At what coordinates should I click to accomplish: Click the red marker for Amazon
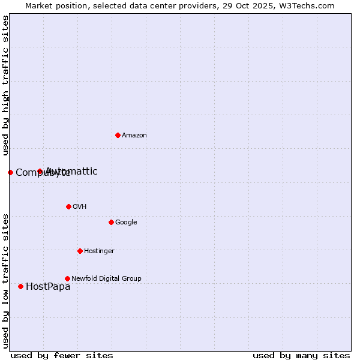[118, 135]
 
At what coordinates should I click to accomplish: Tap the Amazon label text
[134, 136]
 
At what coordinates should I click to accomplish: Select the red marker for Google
[111, 222]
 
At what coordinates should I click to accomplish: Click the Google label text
[126, 223]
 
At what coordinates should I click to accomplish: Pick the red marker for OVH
[68, 206]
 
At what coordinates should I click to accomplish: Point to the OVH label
[80, 207]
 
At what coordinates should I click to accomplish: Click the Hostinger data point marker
[80, 251]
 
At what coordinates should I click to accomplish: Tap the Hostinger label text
[99, 251]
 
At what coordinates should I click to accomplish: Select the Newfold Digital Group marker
[67, 278]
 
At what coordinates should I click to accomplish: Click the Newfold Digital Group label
[106, 279]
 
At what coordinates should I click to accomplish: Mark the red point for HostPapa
[20, 286]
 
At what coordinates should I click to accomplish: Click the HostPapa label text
[48, 287]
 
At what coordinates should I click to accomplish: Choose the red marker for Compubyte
[10, 172]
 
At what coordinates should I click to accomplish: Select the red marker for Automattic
[40, 171]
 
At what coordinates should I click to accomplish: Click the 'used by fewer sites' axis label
[62, 356]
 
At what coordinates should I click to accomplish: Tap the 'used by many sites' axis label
[301, 356]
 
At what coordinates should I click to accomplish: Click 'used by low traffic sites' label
[6, 280]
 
